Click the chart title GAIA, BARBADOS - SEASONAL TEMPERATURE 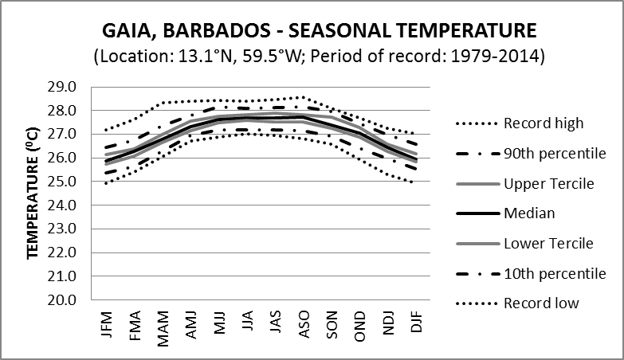[x=320, y=32]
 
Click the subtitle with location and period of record [x=320, y=57]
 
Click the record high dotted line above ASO [x=300, y=97]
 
